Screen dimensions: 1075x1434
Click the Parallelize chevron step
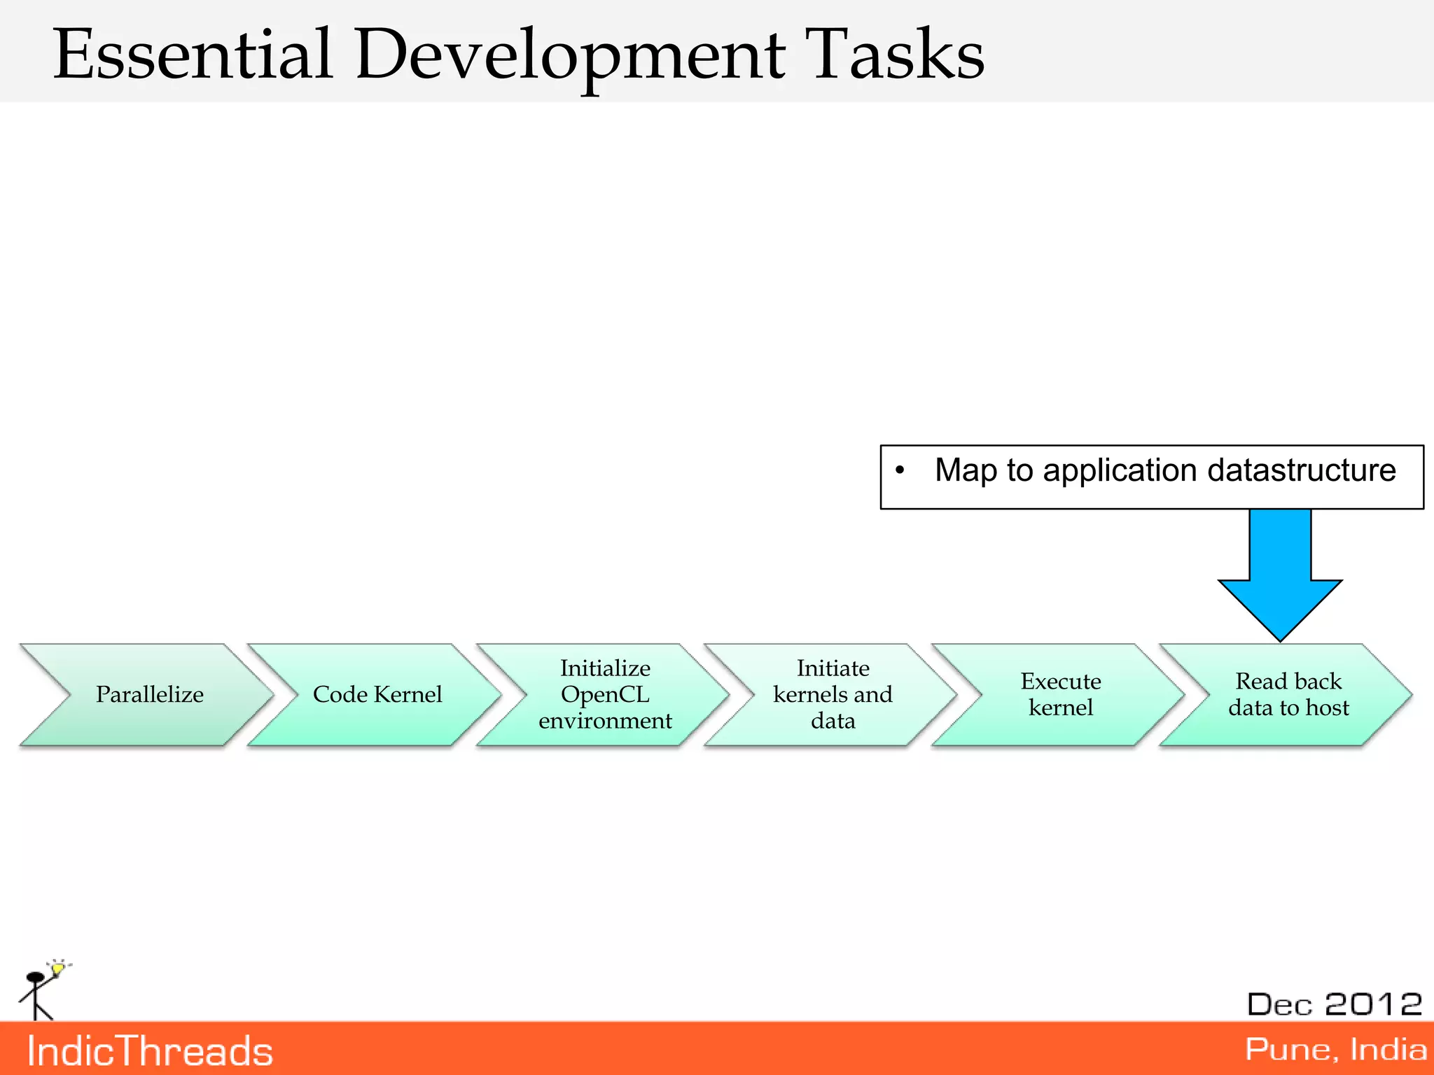[x=149, y=694]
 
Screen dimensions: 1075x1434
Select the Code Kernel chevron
[x=377, y=694]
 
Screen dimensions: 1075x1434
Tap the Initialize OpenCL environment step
[x=605, y=694]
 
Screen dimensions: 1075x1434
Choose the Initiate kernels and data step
[x=833, y=694]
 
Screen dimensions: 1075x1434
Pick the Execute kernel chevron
[x=1060, y=694]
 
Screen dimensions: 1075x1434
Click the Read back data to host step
[x=1288, y=694]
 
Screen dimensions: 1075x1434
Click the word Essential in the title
[x=193, y=55]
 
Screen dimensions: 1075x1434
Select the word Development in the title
[x=571, y=55]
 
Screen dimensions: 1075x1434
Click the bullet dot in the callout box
[x=900, y=470]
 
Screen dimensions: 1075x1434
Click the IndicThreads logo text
[x=150, y=1051]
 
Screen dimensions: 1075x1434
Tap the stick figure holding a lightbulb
[x=42, y=990]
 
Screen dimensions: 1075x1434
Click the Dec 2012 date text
[x=1334, y=1004]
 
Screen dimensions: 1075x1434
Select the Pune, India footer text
[x=1335, y=1050]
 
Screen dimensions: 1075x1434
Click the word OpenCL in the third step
[x=605, y=694]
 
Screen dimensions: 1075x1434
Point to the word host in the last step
[x=1327, y=708]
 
